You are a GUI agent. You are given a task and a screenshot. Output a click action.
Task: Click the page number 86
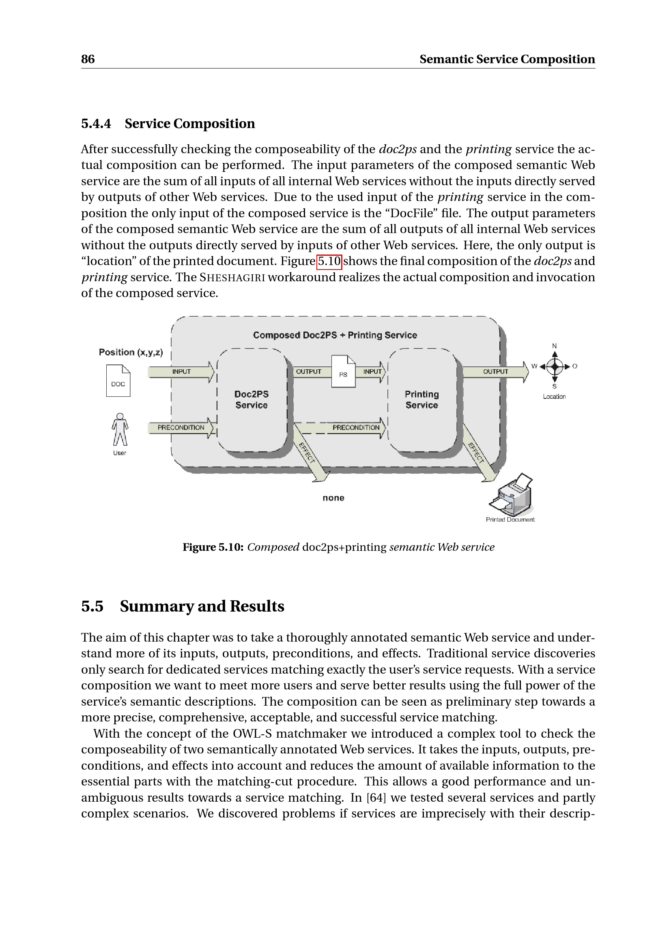(88, 59)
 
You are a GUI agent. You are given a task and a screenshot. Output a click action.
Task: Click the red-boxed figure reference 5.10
(329, 261)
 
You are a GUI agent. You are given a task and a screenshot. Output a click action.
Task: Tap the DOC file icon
(118, 380)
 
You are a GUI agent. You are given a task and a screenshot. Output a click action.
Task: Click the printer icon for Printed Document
(512, 495)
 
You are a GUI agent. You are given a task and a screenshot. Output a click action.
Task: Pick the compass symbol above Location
(555, 366)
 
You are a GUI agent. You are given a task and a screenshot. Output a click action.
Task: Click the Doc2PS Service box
(252, 400)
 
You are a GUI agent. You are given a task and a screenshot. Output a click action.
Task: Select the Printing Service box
(422, 400)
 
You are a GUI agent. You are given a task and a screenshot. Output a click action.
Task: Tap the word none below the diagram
(333, 498)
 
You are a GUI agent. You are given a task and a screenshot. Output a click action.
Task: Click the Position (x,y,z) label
(131, 352)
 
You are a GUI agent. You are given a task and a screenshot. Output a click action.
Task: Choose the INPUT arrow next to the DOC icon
(181, 372)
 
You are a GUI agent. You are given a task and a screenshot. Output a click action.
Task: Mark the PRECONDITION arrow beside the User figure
(181, 428)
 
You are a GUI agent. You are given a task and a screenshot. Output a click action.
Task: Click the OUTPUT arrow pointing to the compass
(495, 372)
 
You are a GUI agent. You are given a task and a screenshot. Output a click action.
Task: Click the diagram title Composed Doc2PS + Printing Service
(335, 335)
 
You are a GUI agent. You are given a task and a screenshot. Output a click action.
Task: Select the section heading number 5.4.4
(96, 124)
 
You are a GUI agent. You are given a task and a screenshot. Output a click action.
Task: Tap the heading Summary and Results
(202, 606)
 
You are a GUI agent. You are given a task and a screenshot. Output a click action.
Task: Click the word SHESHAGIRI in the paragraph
(232, 278)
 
